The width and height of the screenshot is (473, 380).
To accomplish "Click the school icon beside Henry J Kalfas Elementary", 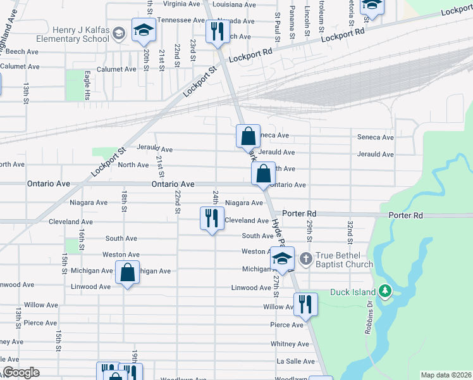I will (x=144, y=29).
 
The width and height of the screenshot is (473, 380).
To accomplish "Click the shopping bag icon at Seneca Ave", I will (x=249, y=136).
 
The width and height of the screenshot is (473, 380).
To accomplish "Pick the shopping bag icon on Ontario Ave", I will (x=262, y=173).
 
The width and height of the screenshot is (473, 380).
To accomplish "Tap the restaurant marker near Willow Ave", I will (x=305, y=304).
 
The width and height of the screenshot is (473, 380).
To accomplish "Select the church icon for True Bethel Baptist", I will (x=305, y=258).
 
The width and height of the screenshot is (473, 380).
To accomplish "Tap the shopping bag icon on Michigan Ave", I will (x=128, y=273).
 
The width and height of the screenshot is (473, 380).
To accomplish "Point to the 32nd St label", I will (x=349, y=232).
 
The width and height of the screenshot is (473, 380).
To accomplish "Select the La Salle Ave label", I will (x=295, y=362).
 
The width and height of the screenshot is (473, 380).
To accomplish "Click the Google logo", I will (x=21, y=372).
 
